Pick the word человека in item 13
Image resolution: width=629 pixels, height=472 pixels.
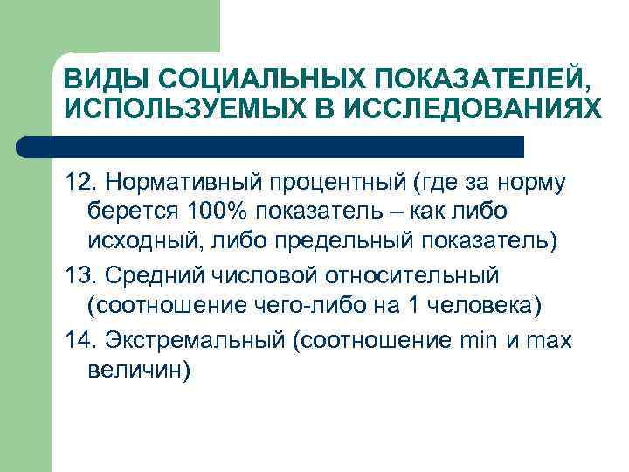coord(490,305)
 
